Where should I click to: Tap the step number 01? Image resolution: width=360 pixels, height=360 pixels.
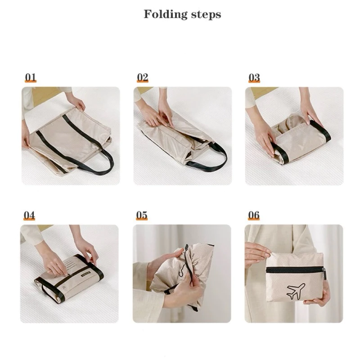[31, 77]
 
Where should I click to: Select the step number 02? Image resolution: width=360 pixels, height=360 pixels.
[143, 77]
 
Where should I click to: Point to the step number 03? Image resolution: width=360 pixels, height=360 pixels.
[254, 77]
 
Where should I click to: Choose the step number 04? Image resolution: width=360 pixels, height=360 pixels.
[29, 216]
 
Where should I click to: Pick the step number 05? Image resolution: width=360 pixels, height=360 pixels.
[142, 215]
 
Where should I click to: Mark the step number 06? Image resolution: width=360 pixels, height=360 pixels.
[254, 215]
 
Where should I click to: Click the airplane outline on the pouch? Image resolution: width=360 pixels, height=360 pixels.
[296, 291]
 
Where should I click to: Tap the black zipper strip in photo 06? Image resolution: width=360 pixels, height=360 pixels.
[295, 270]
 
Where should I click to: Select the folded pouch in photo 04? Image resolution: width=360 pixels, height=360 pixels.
[69, 278]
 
